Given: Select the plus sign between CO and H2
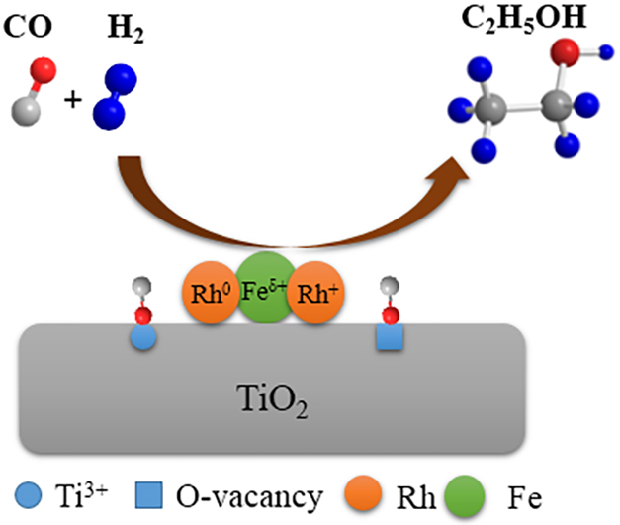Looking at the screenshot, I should click(x=71, y=99).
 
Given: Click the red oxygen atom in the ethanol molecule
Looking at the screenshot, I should click(x=564, y=48).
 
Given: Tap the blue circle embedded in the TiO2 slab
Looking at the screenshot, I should click(x=144, y=338).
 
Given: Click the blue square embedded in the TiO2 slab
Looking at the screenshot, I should click(x=392, y=338).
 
